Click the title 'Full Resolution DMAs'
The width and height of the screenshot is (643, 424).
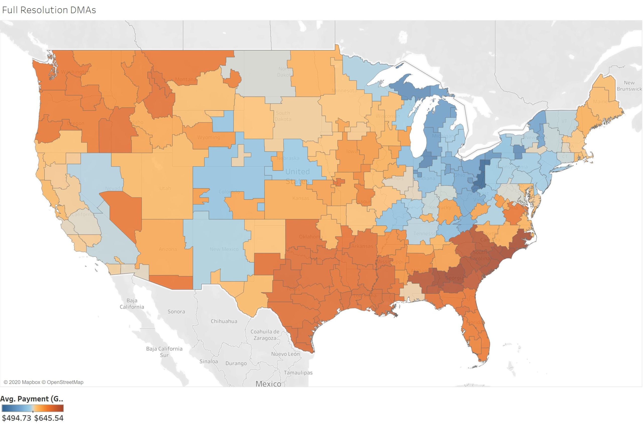(x=49, y=10)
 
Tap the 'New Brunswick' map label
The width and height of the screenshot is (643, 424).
(x=629, y=86)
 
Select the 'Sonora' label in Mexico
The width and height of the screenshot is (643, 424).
(x=176, y=311)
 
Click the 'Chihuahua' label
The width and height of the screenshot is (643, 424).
(x=224, y=321)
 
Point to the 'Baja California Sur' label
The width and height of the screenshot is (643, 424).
(x=164, y=352)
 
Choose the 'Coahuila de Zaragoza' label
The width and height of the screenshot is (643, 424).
(x=265, y=335)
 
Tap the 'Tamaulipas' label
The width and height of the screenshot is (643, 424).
(x=298, y=373)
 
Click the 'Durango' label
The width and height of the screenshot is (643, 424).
(x=236, y=363)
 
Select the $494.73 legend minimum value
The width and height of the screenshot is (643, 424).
(x=17, y=418)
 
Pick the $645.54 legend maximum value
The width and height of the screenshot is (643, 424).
(x=49, y=418)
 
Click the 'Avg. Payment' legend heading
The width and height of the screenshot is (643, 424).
(x=31, y=399)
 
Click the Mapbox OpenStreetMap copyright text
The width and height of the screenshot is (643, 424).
(x=43, y=382)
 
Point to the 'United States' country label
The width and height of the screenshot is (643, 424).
(x=297, y=176)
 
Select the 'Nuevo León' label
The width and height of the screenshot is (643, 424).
(x=285, y=354)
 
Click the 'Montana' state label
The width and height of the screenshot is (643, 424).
(x=186, y=79)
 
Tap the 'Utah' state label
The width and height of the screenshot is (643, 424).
(x=165, y=188)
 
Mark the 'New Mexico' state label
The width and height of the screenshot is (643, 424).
(x=224, y=249)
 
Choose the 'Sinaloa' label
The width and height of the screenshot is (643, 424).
(x=208, y=361)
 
